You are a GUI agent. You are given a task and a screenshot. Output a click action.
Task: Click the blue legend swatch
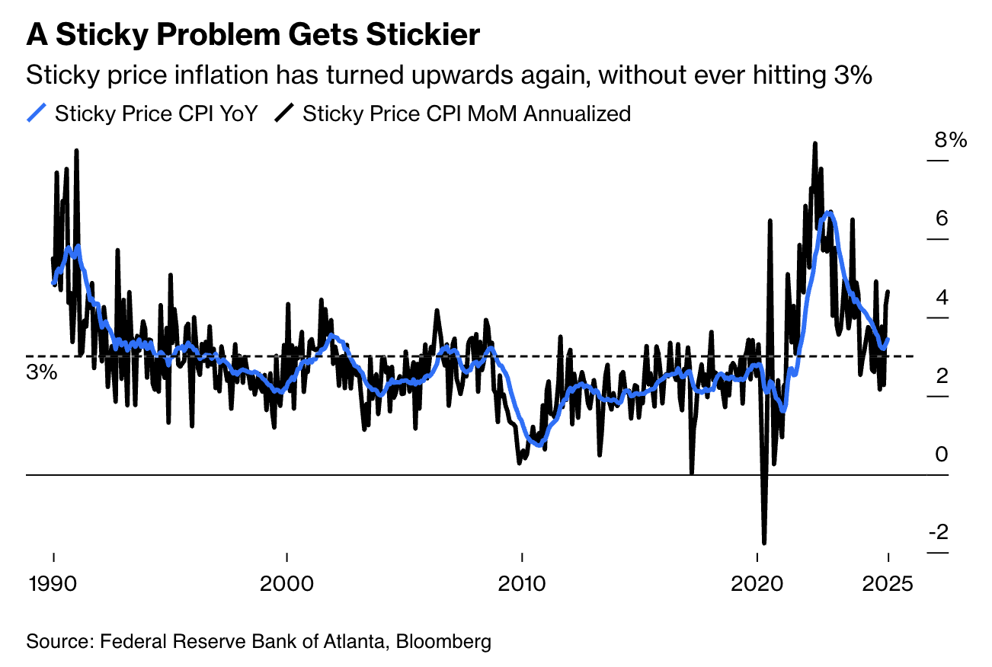coord(37,114)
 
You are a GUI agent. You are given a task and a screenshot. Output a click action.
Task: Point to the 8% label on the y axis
coord(949,141)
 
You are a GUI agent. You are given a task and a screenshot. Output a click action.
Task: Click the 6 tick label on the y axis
coord(942,219)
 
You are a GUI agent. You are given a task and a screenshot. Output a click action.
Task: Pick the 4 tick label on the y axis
coord(942,298)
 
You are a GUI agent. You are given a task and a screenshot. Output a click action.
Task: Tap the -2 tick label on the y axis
coord(938,531)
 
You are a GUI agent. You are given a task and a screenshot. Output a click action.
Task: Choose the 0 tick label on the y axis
coord(942,455)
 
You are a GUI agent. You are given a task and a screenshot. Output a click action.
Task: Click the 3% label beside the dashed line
coord(42,373)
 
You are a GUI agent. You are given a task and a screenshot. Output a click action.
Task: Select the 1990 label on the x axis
coord(53,585)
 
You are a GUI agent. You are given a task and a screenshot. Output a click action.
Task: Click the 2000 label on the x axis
coord(286,585)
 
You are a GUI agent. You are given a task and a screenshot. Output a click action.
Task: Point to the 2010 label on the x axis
coord(521,585)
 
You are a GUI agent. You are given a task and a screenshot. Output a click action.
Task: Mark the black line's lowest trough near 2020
coord(763,542)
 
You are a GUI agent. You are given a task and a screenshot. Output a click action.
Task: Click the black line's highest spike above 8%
coord(814,143)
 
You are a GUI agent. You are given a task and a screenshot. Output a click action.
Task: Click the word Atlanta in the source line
coord(353,641)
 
